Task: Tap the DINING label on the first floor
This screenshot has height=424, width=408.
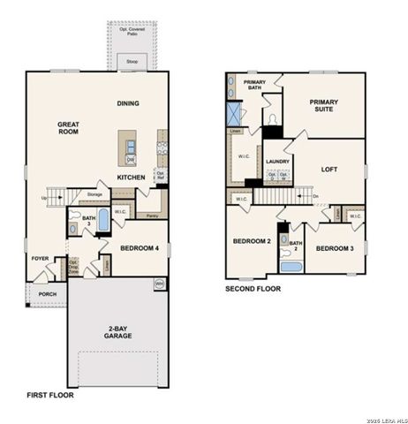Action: [129, 103]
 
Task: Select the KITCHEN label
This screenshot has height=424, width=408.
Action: [132, 177]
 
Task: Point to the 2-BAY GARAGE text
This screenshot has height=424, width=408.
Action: [116, 331]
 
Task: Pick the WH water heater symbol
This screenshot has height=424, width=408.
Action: [160, 284]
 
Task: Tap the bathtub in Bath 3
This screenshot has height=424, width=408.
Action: [103, 218]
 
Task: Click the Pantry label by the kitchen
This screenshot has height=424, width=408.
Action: [152, 215]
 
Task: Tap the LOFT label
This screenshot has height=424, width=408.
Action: [329, 169]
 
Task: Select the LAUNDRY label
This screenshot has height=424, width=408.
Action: [278, 162]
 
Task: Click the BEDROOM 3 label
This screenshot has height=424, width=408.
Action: [336, 248]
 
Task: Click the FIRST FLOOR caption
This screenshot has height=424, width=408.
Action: [50, 395]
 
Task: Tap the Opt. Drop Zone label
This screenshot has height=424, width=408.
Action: [73, 264]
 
